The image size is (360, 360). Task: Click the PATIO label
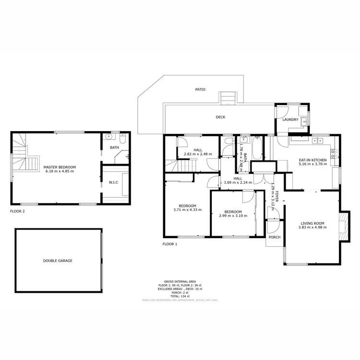[x=200, y=89]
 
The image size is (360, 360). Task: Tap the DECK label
[x=220, y=117]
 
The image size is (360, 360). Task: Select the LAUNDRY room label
[x=290, y=120]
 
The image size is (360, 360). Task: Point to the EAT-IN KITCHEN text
[x=312, y=159]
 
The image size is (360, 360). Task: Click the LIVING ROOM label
[x=312, y=223]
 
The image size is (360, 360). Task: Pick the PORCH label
[x=274, y=237]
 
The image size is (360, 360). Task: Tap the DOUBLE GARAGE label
[x=58, y=261]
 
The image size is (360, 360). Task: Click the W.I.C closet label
[x=113, y=182]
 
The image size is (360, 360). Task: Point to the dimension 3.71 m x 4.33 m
[x=187, y=210]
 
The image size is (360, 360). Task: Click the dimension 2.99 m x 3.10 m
[x=233, y=216]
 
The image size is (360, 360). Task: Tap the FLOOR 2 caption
[x=17, y=211]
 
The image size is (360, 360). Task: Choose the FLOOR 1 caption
[x=170, y=244]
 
